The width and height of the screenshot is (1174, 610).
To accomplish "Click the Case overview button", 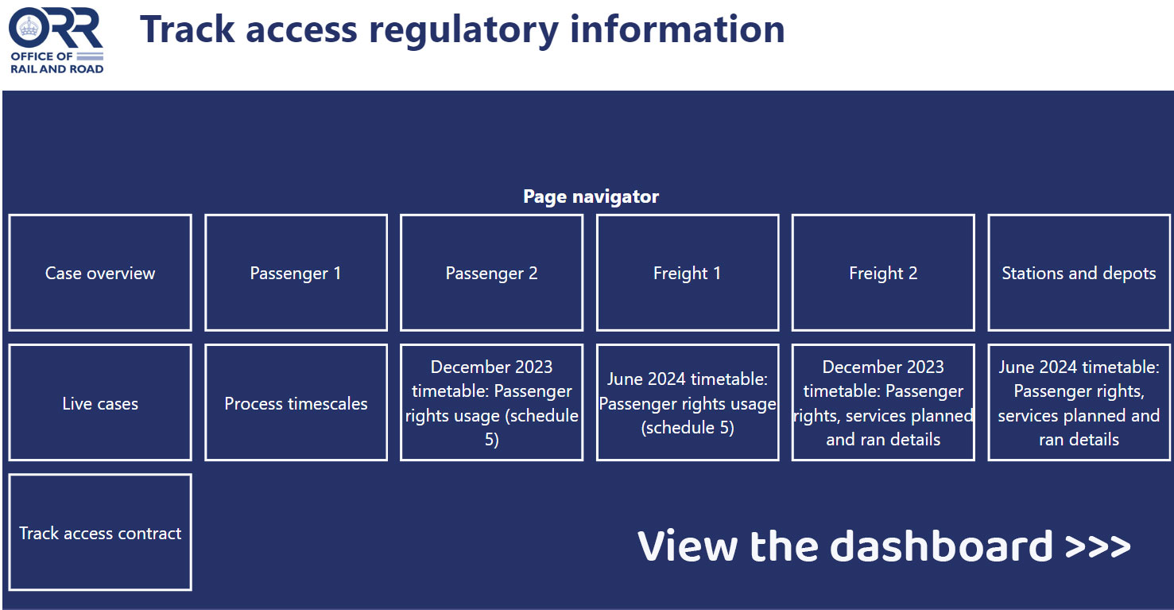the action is (100, 273).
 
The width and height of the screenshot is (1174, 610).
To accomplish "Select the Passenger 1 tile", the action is (296, 273).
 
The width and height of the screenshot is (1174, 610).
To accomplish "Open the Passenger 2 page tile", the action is (491, 273).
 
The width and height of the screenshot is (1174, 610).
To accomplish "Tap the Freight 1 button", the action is (688, 273).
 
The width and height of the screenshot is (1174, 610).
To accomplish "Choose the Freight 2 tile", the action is (883, 273).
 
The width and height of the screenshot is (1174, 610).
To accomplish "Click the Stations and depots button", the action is (1079, 273).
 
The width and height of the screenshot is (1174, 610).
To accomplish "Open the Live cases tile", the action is (100, 402).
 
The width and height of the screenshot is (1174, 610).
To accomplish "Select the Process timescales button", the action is (296, 402).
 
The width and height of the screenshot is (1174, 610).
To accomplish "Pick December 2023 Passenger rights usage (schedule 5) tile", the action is (491, 402).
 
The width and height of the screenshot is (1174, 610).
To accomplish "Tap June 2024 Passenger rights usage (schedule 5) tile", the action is (688, 402).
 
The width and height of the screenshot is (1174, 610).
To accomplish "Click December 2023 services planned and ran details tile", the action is (883, 402).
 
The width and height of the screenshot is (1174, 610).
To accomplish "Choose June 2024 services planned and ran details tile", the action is (1079, 402).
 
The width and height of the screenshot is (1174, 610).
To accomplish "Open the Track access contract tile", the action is (100, 532).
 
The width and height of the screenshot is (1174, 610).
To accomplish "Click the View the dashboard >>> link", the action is (884, 546).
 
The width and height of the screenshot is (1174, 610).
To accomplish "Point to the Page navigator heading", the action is (591, 196).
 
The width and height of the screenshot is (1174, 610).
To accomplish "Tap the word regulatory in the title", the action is (463, 31).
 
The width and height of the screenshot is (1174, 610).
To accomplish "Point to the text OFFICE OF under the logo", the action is (41, 56).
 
